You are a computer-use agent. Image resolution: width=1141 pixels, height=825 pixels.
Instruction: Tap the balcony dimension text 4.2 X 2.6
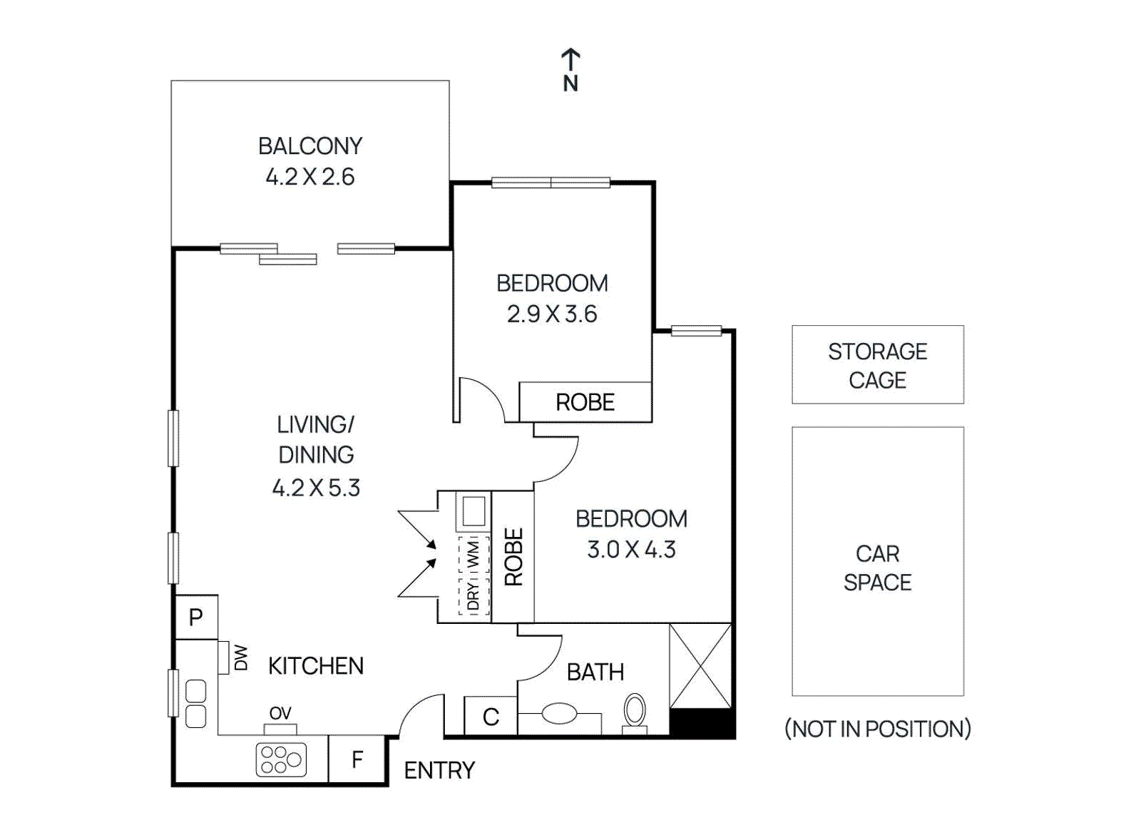pos(309,176)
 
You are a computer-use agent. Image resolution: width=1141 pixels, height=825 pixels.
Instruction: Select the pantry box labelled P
pos(196,617)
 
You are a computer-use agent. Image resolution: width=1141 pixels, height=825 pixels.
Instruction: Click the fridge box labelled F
pos(357,759)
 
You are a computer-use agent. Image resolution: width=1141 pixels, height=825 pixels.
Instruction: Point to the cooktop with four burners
pos(281,759)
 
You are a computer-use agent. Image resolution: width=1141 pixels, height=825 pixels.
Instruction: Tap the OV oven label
pos(280,713)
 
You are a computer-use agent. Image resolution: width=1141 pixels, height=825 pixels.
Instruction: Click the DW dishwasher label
pos(241,657)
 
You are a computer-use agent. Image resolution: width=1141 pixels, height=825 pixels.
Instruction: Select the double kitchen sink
pos(196,703)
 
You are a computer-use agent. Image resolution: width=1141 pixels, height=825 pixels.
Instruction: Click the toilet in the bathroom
pos(634,712)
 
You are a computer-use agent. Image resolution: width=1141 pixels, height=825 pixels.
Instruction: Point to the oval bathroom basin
pos(560,713)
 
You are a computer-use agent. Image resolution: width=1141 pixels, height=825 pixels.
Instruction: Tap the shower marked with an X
pos(700,666)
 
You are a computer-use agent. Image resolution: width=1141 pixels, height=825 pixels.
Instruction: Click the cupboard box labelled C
pos(491,717)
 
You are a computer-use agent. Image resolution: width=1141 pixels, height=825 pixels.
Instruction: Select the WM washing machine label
pos(474,555)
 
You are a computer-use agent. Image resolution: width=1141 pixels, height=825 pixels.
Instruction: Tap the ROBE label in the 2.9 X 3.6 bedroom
pos(585,402)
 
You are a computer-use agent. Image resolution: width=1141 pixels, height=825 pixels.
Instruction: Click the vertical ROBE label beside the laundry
pos(513,557)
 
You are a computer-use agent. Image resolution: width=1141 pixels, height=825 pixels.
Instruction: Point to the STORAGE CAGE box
pos(877,365)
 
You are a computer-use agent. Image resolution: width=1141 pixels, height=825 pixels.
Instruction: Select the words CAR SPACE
pos(877,568)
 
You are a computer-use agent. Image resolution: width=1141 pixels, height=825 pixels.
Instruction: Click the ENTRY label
pos(439,770)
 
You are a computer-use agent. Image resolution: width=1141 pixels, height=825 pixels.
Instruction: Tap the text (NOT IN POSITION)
pos(877,729)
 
